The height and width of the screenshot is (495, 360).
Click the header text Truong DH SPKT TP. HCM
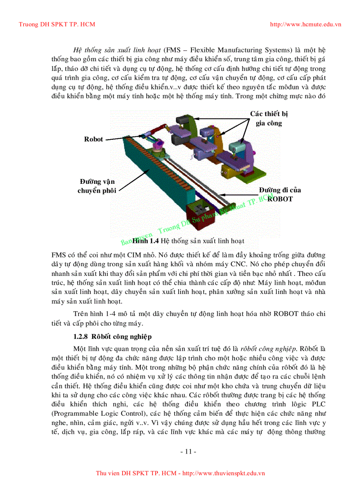point(57,24)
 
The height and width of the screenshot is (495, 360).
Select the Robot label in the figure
point(94,139)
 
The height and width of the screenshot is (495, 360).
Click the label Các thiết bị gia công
point(269,119)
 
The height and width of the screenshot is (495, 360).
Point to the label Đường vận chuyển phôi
point(97,186)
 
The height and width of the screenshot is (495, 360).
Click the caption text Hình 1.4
point(146,241)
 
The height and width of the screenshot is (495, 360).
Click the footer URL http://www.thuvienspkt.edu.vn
point(223,473)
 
